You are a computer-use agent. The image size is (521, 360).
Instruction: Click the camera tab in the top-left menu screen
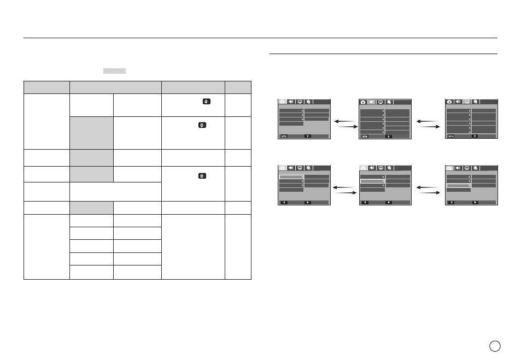pos(283,102)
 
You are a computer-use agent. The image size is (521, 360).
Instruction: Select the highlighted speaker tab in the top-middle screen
pos(372,102)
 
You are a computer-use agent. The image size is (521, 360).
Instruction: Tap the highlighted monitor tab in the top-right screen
pos(467,102)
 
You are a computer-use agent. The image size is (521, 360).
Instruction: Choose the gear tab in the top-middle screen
pos(389,102)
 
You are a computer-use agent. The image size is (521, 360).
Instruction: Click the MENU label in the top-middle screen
pos(365,137)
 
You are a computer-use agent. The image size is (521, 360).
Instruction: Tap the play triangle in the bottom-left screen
pos(308,202)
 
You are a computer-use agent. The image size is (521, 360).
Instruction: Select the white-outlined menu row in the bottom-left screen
pos(291,177)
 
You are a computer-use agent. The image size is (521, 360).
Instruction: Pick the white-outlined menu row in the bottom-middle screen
pos(372,181)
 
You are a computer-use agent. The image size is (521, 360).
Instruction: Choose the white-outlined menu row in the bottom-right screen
pos(459,186)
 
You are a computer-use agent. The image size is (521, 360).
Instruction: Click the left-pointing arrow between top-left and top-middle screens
pos(345,121)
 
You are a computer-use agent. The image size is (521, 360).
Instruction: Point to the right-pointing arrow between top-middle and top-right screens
pos(429,127)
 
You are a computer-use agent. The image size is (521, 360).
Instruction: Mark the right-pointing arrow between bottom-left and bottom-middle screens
pos(346,193)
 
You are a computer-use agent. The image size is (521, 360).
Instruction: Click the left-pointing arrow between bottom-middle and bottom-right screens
pos(428,187)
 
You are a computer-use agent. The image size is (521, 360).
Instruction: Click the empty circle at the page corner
pos(495,346)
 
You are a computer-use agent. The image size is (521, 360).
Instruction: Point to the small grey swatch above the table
pos(114,70)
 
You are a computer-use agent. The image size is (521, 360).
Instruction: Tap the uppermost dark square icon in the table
pos(206,101)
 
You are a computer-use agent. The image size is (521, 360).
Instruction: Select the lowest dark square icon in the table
pos(202,176)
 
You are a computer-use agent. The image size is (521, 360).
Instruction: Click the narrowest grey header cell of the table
pos(238,87)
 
